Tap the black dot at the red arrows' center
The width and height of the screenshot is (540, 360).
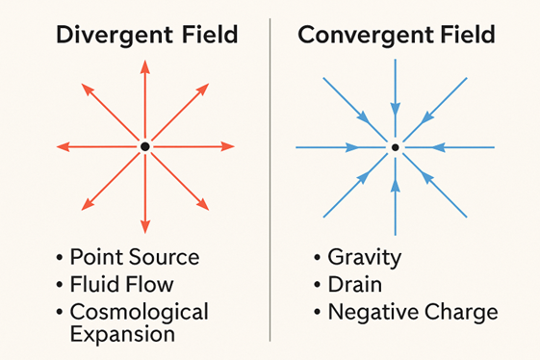click(x=144, y=146)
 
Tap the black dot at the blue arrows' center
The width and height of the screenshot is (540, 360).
click(x=395, y=146)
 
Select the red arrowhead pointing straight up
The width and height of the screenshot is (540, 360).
click(x=144, y=65)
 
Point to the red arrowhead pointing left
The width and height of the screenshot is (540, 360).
click(x=63, y=146)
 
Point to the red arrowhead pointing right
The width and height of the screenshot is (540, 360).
click(x=228, y=146)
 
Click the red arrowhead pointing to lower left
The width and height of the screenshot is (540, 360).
click(x=88, y=203)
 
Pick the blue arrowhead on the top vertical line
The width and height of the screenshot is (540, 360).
click(x=395, y=108)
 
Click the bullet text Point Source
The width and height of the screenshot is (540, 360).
click(x=135, y=257)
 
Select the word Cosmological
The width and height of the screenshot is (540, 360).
click(x=139, y=313)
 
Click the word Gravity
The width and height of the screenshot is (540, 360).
click(x=365, y=257)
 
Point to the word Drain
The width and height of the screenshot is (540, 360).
click(x=355, y=285)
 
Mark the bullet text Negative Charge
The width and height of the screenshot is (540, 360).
click(x=413, y=313)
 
